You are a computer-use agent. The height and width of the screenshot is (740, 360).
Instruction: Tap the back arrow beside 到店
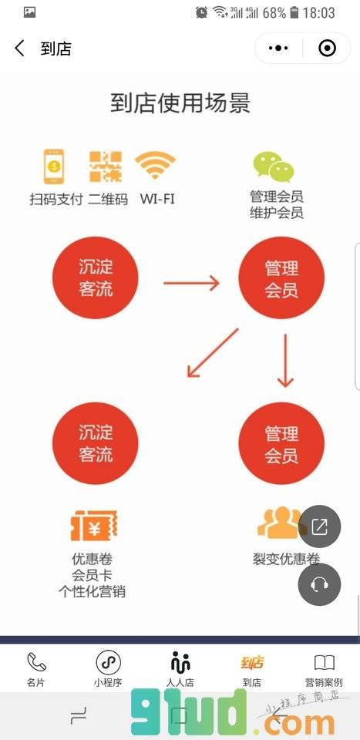point(19,48)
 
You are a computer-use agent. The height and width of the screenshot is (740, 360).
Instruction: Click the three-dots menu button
point(278,48)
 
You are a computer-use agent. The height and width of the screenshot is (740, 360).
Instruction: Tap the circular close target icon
point(327,48)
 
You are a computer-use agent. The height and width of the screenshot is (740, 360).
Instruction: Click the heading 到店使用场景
point(180,103)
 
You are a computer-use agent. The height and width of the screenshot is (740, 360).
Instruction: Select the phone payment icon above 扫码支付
point(54,166)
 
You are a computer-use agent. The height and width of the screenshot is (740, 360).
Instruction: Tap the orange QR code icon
point(106,166)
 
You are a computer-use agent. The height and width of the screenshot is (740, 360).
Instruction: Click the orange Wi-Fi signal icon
point(155,165)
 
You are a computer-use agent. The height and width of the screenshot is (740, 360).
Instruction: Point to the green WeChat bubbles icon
point(274,167)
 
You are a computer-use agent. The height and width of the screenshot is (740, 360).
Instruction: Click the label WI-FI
point(157,199)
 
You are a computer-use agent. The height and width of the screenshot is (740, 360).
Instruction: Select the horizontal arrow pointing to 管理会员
point(191,283)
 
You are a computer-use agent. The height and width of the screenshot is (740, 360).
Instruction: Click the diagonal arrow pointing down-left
point(213,352)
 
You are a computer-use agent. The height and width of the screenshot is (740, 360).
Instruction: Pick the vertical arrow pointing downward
point(285,361)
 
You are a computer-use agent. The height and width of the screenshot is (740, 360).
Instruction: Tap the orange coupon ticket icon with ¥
point(94,525)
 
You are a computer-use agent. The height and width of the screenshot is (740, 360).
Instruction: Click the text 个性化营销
point(92,591)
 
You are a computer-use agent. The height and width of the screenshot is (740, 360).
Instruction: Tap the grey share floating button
point(319,526)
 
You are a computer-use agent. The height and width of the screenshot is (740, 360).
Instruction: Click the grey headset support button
point(319,584)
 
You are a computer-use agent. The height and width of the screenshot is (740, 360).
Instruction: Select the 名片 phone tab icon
point(36,662)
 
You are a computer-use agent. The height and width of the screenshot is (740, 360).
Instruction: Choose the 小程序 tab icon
point(108,662)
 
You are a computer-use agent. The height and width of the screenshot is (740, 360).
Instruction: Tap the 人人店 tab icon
point(180,662)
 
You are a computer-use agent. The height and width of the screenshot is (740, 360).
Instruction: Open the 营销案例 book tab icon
point(324,663)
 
